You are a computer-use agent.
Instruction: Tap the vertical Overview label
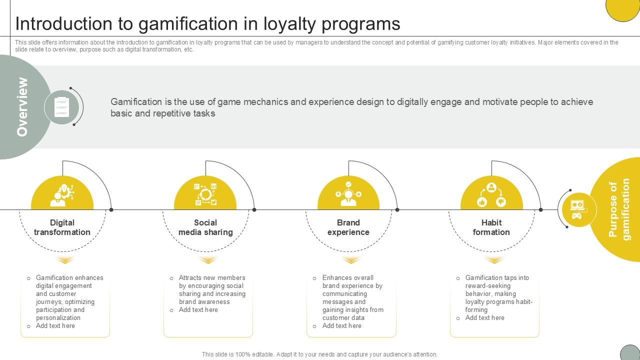point(22,106)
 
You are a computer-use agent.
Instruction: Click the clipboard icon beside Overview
point(62,106)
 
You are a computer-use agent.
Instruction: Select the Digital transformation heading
point(62,227)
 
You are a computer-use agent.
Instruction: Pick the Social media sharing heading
point(205,227)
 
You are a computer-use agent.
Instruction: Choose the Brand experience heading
point(348,227)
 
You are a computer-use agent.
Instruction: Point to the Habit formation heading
point(491,227)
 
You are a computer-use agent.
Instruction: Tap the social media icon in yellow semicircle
point(205,195)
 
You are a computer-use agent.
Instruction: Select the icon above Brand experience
point(348,194)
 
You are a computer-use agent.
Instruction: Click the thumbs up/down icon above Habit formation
point(491,195)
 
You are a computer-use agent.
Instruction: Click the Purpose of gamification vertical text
point(619,210)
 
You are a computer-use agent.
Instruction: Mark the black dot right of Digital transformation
point(111,210)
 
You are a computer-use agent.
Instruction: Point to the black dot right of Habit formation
point(540,210)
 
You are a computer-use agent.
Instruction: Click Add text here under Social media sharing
point(198,310)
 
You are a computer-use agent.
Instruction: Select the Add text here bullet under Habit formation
point(484,318)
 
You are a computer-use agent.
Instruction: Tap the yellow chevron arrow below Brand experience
point(351,260)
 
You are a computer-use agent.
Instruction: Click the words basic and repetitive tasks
point(163,113)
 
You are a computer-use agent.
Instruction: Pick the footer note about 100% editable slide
point(319,354)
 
